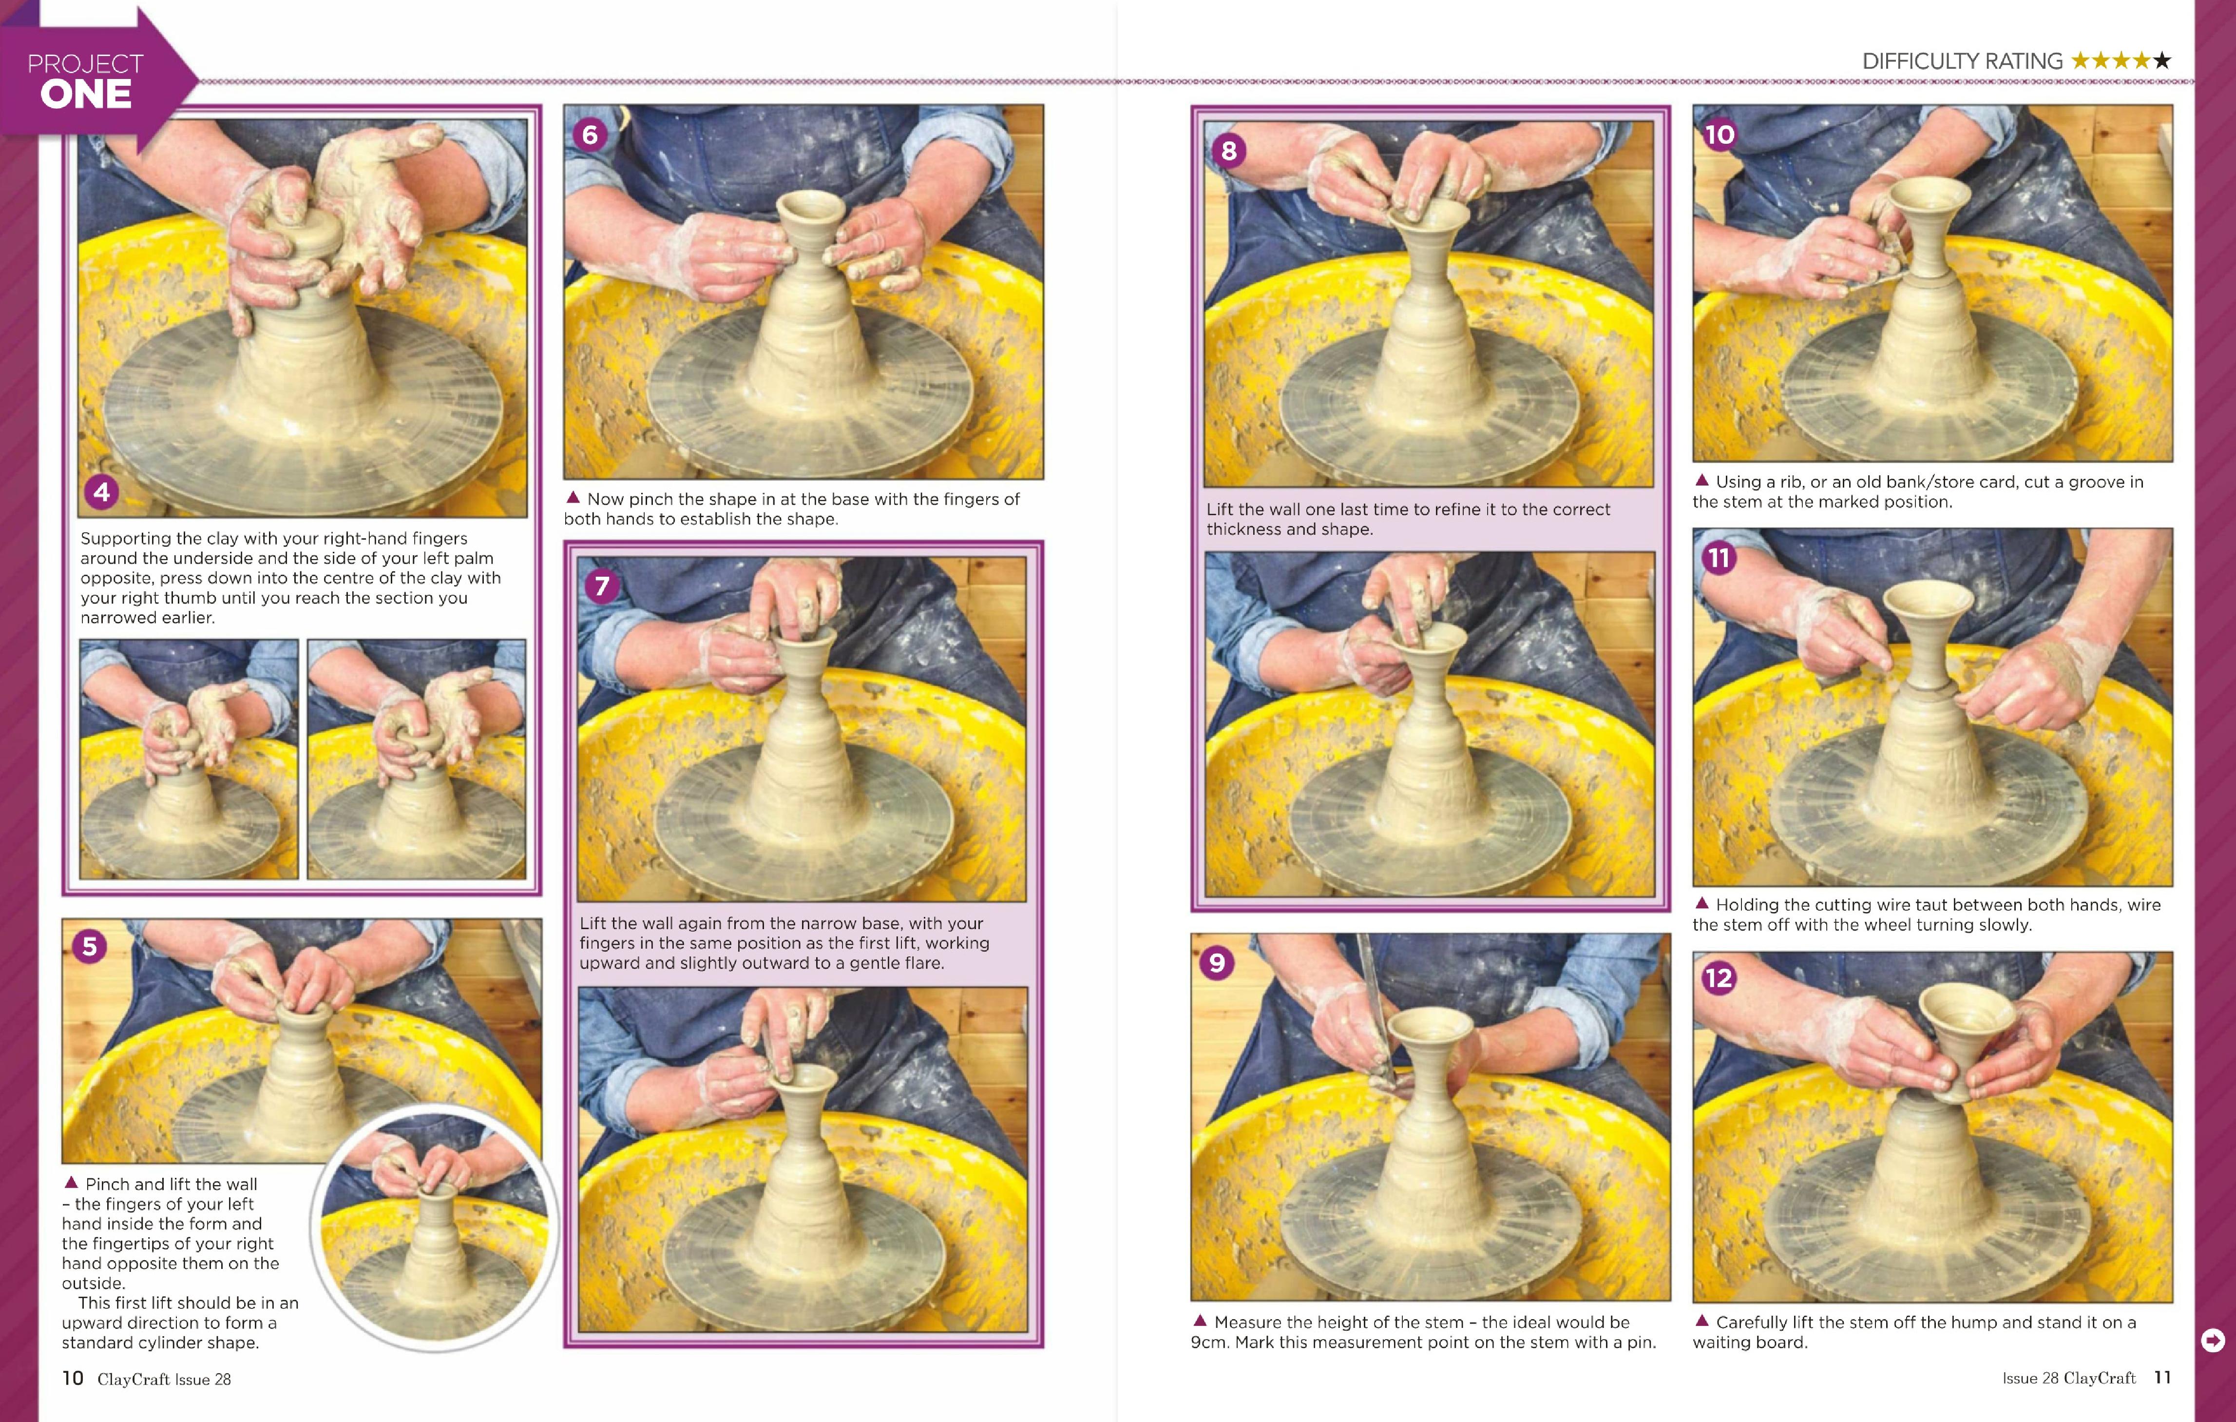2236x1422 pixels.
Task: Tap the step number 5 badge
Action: (x=89, y=946)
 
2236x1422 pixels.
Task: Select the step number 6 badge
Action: (x=590, y=135)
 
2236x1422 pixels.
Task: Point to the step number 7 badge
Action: (x=602, y=586)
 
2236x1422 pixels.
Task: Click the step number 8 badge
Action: (x=1228, y=151)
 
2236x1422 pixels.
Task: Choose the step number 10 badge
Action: (x=1719, y=135)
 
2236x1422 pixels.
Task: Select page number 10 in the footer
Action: (x=73, y=1378)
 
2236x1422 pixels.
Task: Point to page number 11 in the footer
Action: (x=2162, y=1378)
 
